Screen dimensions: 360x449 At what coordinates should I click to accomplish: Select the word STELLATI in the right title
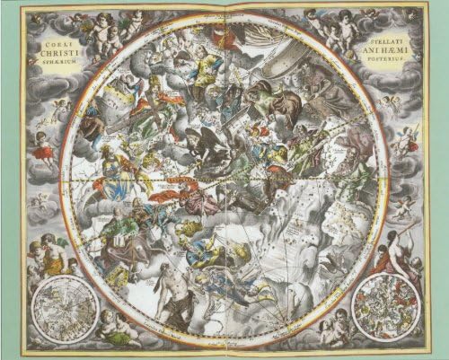point(388,41)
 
